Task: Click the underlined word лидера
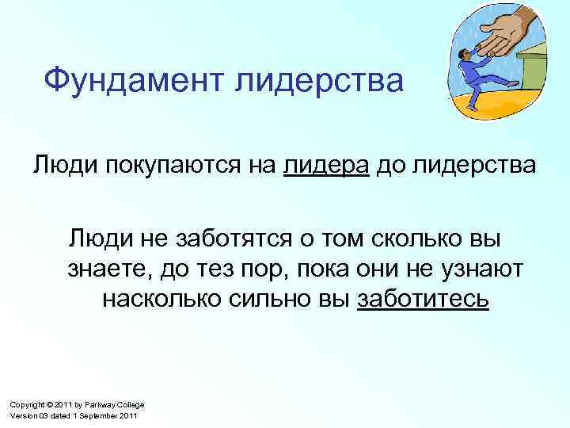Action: coord(326,167)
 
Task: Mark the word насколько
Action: coord(167,300)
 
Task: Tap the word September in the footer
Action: coord(100,416)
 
